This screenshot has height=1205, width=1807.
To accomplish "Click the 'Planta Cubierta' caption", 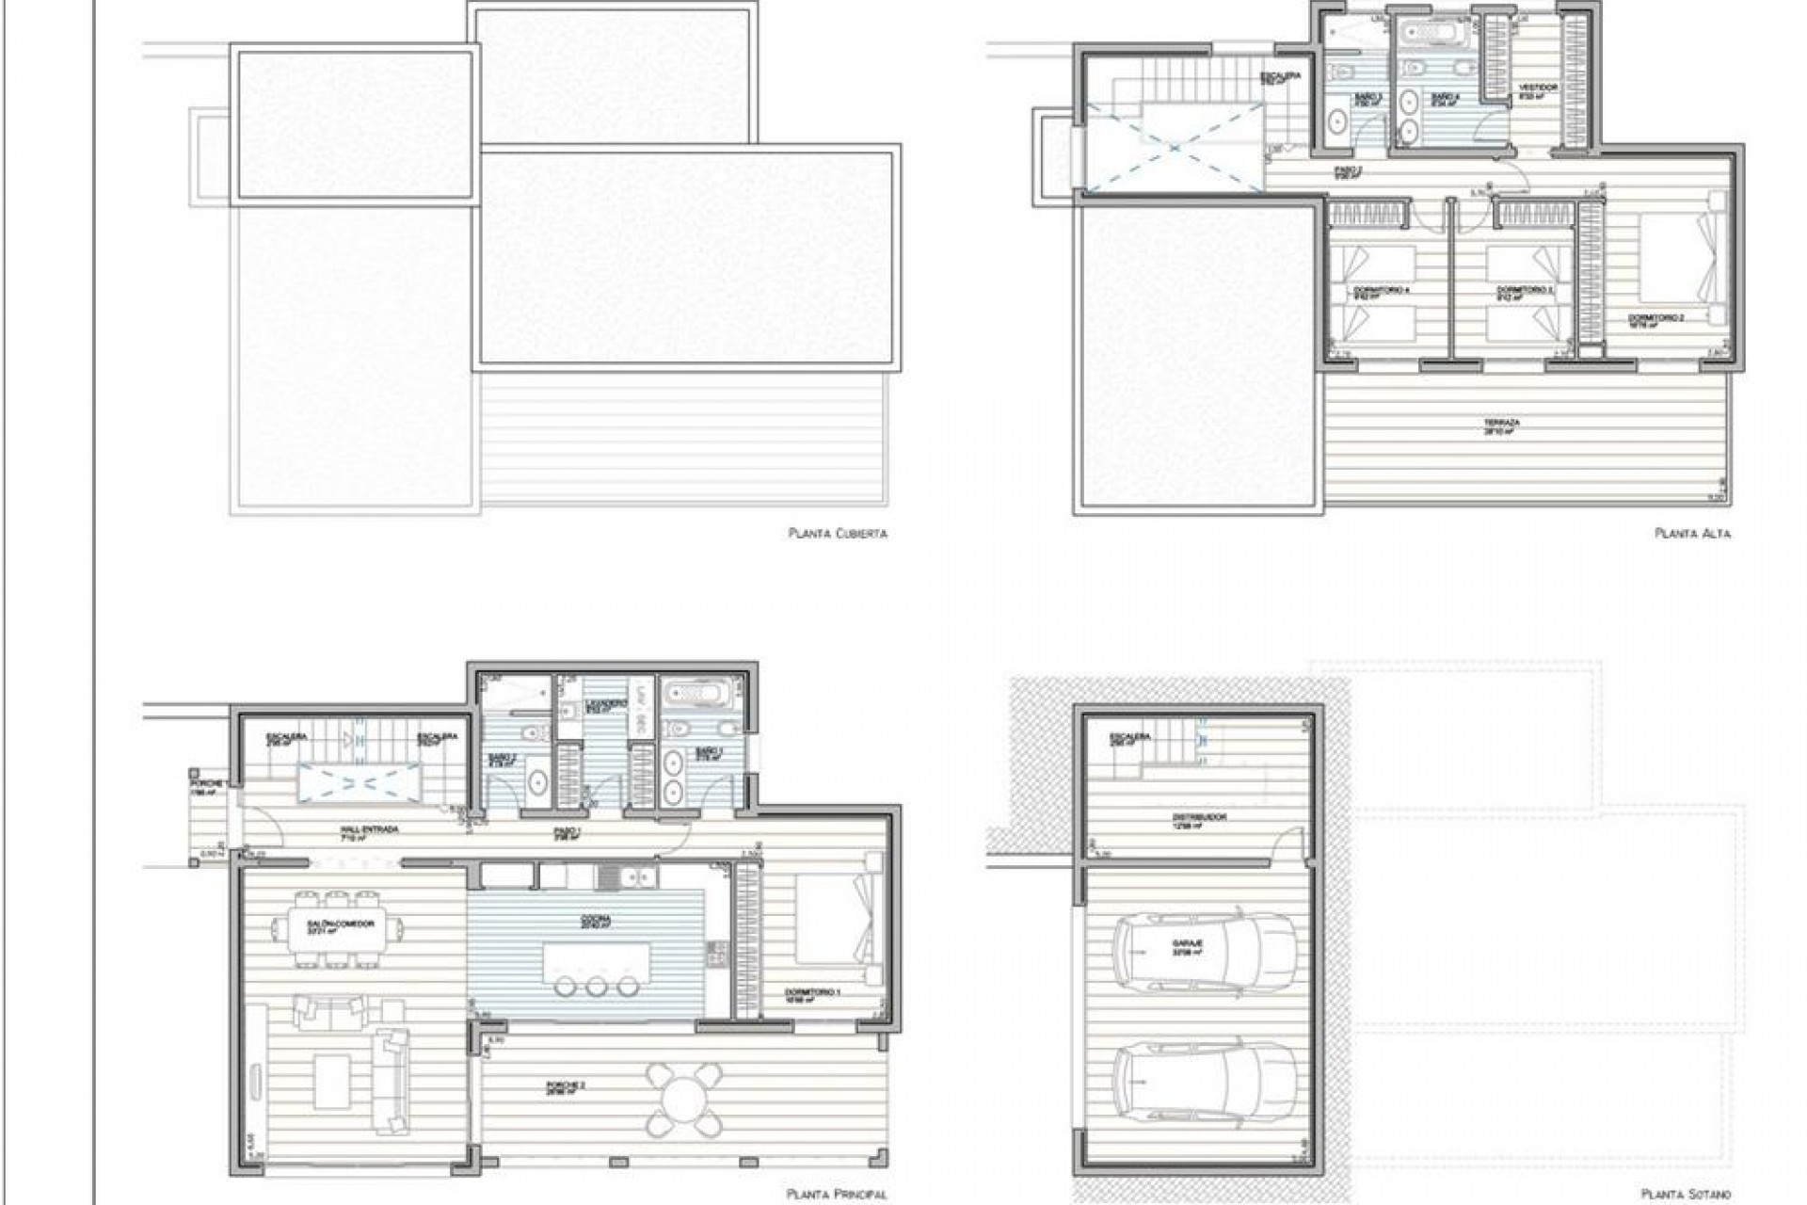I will (x=838, y=534).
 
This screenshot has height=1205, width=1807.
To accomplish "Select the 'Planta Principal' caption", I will (x=837, y=1195).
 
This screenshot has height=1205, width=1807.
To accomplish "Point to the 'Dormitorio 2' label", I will (x=1657, y=319).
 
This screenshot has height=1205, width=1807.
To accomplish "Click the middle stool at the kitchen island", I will (x=596, y=986).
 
